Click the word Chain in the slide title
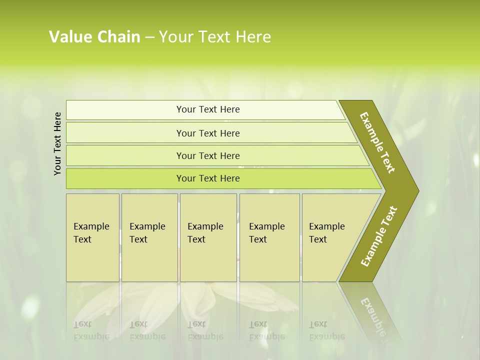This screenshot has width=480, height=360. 118,37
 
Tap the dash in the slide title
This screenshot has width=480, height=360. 149,37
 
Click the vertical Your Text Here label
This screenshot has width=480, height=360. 57,143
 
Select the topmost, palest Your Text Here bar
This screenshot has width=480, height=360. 207,109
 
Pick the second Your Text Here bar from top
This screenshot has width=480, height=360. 207,133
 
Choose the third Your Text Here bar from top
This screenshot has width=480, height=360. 207,155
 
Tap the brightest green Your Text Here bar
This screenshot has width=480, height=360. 207,178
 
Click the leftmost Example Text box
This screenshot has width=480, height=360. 92,237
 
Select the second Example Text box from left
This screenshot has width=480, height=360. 149,237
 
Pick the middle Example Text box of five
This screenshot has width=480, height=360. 207,237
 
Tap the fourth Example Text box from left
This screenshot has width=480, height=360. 269,237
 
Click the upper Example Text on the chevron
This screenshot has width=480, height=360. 377,142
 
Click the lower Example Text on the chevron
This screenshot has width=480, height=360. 379,236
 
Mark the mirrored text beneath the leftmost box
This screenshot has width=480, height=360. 91,330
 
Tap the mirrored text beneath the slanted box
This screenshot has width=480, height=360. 327,330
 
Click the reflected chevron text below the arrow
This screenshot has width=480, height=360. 377,320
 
